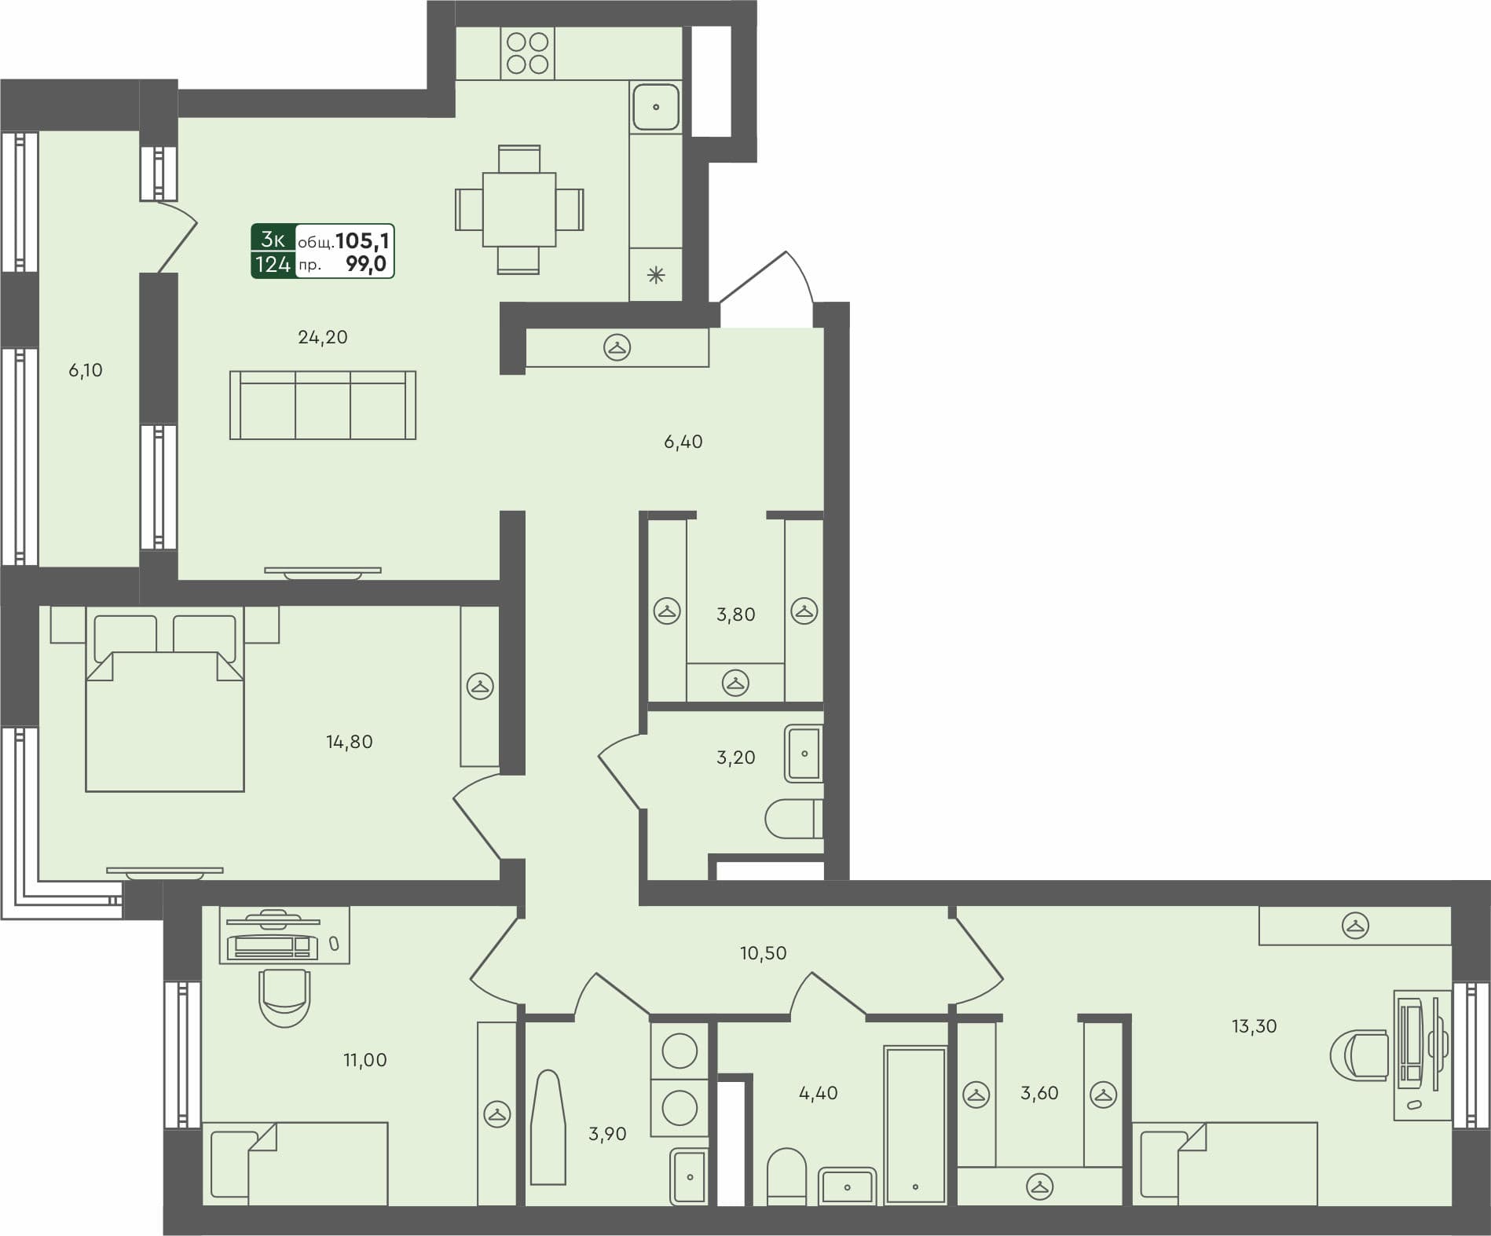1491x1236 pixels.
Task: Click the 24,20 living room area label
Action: pyautogui.click(x=322, y=337)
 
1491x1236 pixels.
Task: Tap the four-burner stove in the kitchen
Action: pyautogui.click(x=527, y=53)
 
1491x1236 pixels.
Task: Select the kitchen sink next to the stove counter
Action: pyautogui.click(x=655, y=107)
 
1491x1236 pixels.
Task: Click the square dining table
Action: pyautogui.click(x=519, y=210)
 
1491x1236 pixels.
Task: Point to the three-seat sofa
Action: pyautogui.click(x=322, y=405)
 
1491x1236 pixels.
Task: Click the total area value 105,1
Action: pyautogui.click(x=362, y=240)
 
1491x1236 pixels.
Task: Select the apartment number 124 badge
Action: pyautogui.click(x=273, y=265)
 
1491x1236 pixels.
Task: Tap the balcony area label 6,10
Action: pyautogui.click(x=86, y=370)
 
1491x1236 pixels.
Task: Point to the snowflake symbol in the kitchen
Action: pyautogui.click(x=655, y=275)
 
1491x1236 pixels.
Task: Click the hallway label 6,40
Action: pyautogui.click(x=683, y=442)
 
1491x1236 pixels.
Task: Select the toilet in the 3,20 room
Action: pyautogui.click(x=792, y=819)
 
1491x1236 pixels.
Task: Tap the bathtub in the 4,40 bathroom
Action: pyautogui.click(x=914, y=1124)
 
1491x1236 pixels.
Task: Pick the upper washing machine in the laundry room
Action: pyautogui.click(x=679, y=1051)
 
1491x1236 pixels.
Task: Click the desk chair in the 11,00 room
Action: pyautogui.click(x=284, y=996)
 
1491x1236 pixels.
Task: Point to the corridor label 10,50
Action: pyautogui.click(x=763, y=953)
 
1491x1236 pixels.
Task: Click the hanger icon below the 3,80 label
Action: pyautogui.click(x=735, y=682)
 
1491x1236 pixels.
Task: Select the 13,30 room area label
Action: pyautogui.click(x=1254, y=1025)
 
